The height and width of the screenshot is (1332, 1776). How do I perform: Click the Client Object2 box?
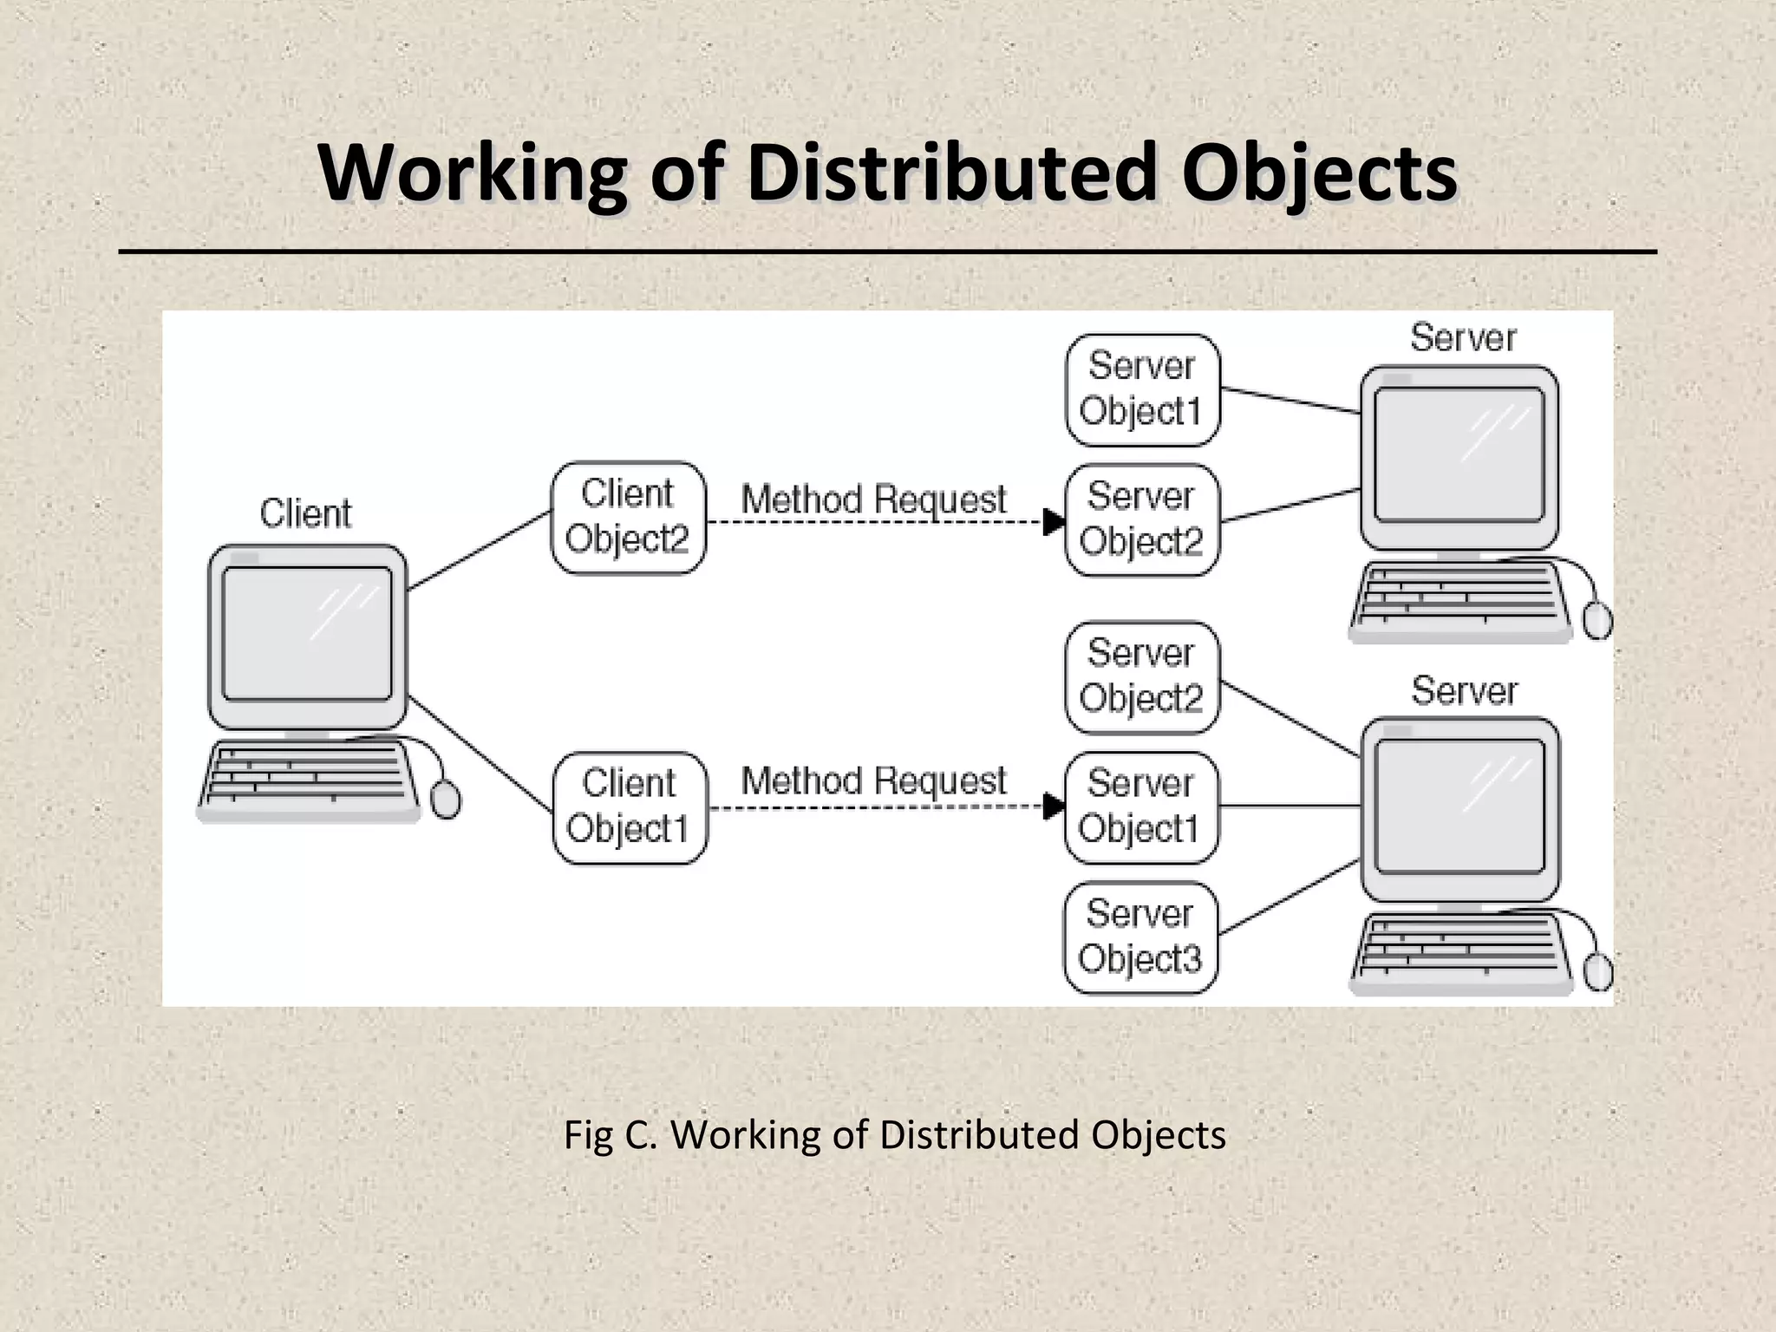click(628, 518)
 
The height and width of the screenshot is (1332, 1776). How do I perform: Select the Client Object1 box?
click(630, 807)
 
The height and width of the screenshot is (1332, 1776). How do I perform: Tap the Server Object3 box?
click(1140, 937)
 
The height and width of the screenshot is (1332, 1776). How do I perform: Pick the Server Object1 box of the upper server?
click(1142, 389)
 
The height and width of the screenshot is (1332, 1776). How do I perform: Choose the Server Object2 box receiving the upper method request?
click(1141, 519)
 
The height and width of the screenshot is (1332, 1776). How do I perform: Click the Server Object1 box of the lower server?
click(1140, 807)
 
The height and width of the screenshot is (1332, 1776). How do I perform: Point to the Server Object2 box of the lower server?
click(1141, 677)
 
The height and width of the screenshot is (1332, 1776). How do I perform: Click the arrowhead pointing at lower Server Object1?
click(1053, 806)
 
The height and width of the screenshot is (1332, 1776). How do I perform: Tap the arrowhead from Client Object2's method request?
click(1053, 522)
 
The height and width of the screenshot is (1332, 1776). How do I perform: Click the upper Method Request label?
click(873, 499)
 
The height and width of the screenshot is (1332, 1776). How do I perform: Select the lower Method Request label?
click(873, 781)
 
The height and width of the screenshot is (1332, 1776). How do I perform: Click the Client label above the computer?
click(305, 513)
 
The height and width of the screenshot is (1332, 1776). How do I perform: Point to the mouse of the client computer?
click(446, 799)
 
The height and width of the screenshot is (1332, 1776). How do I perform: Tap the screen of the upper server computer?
click(1459, 454)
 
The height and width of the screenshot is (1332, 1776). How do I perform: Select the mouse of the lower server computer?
click(1598, 972)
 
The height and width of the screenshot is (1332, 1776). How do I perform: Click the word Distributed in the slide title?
click(951, 173)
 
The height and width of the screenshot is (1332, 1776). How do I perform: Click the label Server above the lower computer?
click(1464, 691)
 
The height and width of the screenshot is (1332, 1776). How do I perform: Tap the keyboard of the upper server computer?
click(1459, 598)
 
